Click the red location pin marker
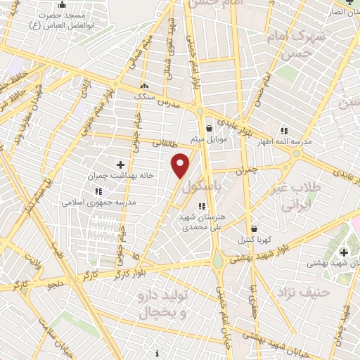pos(181,165)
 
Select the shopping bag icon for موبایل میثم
pos(210,128)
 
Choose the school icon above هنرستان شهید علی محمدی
pos(202,206)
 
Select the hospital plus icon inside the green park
pos(343,252)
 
